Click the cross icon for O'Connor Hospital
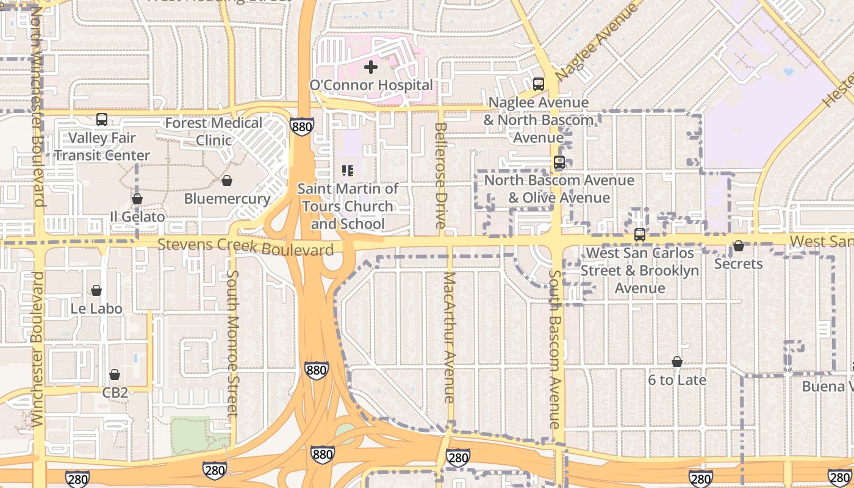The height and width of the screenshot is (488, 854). coord(371,67)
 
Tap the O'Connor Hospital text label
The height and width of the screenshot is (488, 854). coord(371,85)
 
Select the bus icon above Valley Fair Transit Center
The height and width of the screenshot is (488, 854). coord(102,120)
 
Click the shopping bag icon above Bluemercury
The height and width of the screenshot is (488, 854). coord(227,181)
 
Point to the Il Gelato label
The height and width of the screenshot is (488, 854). coord(137,217)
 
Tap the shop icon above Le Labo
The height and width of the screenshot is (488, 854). coord(96,291)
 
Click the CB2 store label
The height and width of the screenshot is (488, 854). coord(115,392)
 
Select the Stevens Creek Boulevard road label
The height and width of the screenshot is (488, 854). coord(245,247)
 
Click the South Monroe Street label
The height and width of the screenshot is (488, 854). coord(232,343)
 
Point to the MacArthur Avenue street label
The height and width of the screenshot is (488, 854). coord(450,337)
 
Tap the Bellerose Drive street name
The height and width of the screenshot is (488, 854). coord(441,176)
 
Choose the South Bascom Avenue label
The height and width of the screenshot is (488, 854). coord(554,349)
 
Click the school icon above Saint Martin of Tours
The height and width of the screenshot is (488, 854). coord(348,171)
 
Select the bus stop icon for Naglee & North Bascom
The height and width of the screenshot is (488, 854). coord(538,84)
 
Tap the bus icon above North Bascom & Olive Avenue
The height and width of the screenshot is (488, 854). coord(559,163)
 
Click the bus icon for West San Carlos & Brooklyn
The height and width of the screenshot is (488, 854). coord(639,235)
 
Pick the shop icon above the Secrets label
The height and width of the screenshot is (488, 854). coord(738,246)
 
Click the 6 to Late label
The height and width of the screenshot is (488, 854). coord(677,380)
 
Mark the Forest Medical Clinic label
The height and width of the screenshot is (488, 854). coord(213,131)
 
